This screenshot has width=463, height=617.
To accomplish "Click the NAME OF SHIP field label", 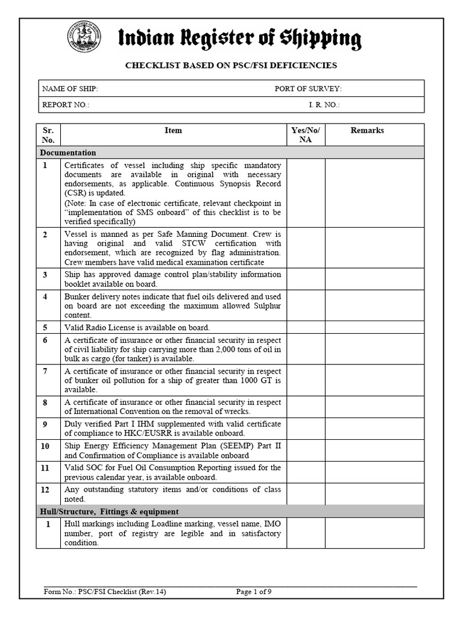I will (x=70, y=89).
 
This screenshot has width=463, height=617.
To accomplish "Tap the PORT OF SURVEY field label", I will (x=308, y=89).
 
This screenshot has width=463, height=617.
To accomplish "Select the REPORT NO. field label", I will (x=66, y=105).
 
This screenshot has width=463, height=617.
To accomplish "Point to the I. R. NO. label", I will (x=324, y=105).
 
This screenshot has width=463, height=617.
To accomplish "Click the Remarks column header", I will (x=367, y=131).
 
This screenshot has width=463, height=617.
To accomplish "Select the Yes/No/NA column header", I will (x=306, y=135).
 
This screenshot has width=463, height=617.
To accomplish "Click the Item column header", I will (x=173, y=131).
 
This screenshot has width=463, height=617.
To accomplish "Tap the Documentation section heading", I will (x=68, y=152).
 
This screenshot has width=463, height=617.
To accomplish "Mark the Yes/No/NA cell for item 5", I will (x=306, y=328).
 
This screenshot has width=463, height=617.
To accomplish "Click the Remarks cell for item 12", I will (x=374, y=494).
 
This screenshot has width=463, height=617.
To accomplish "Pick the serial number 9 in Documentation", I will (x=45, y=424).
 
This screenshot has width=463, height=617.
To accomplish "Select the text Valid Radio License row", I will (x=137, y=328).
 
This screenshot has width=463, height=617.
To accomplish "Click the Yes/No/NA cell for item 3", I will (x=306, y=279).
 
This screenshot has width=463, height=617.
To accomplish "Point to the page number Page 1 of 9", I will (x=253, y=592).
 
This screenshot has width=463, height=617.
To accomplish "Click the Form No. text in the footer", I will (x=105, y=592).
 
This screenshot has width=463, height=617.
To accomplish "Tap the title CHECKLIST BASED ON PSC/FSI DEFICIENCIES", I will (x=231, y=65).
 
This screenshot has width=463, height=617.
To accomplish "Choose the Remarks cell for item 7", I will (x=374, y=380).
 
